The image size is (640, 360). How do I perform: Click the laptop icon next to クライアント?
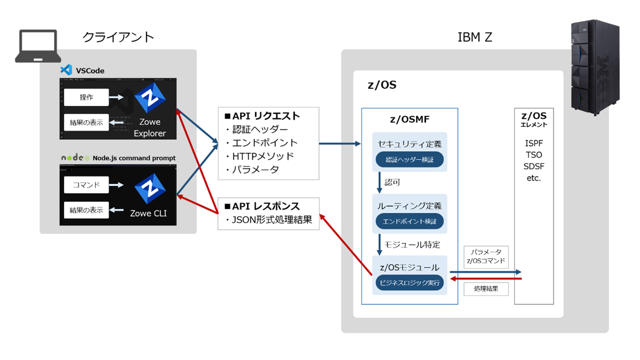(38, 46)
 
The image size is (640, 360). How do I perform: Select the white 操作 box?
(86, 98)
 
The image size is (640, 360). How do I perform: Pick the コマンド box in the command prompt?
(86, 185)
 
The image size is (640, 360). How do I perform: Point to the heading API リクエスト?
(262, 116)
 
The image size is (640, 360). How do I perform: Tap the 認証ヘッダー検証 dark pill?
(409, 160)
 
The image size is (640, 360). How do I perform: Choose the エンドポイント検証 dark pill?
(409, 221)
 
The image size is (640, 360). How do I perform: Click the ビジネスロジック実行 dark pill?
(409, 283)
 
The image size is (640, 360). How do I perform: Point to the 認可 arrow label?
(393, 183)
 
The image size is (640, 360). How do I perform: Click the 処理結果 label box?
(486, 289)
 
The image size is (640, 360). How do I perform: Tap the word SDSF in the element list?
(534, 166)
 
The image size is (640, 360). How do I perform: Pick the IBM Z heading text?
(474, 37)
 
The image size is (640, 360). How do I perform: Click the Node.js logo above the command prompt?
(75, 158)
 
